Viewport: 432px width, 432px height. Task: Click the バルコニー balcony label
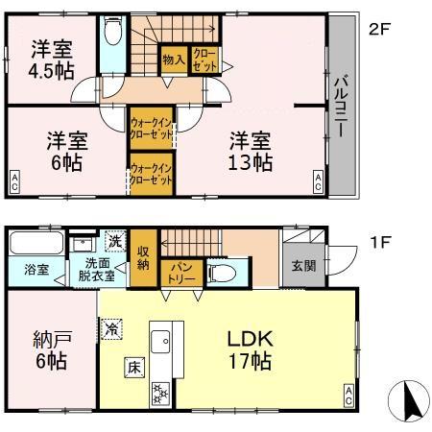point(341,106)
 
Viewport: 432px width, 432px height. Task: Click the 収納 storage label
point(143,256)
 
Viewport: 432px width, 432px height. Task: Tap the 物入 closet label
point(174,60)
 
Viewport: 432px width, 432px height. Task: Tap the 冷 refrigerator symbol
point(113,328)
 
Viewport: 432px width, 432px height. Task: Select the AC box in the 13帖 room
point(318,181)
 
